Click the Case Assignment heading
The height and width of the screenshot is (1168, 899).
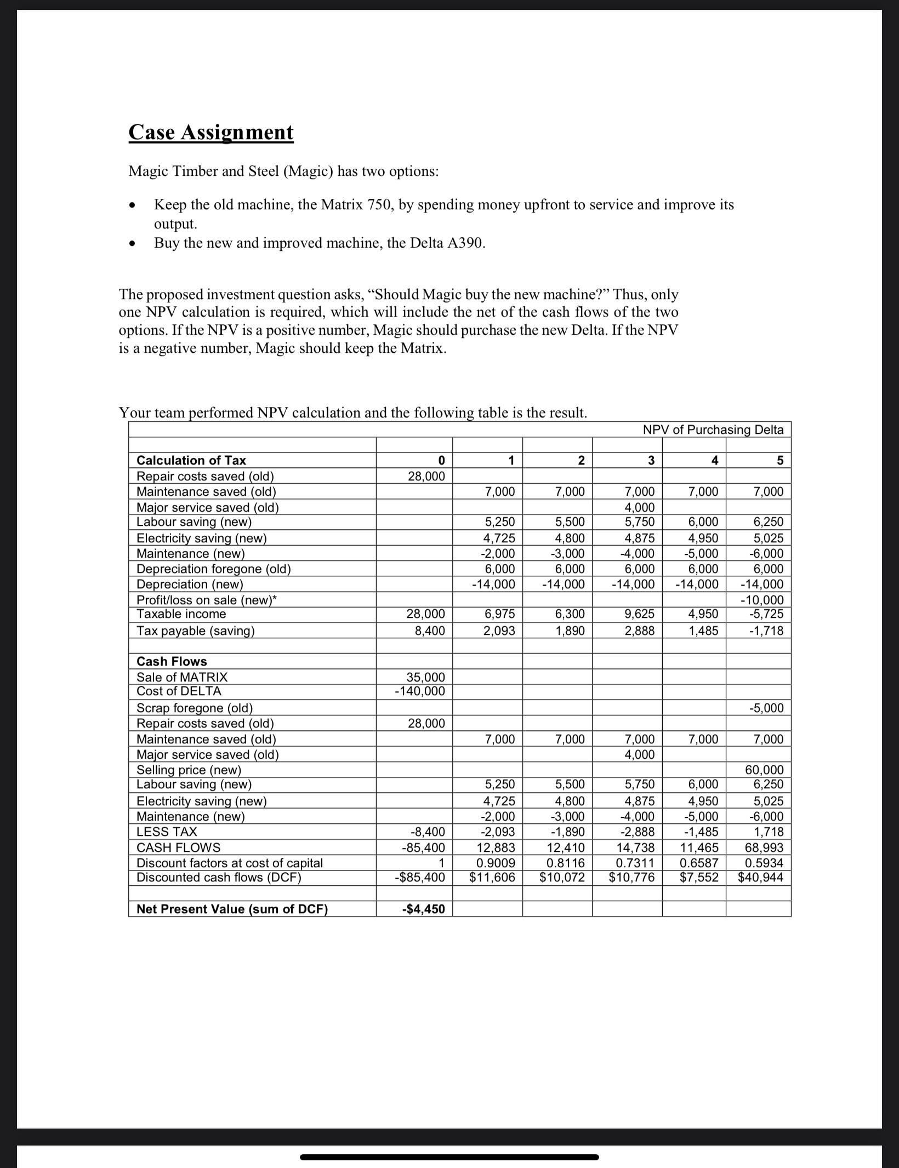click(x=211, y=132)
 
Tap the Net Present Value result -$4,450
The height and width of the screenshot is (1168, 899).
click(x=423, y=909)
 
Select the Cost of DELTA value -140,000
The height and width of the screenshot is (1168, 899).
click(x=420, y=691)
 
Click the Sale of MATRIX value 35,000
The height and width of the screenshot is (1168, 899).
click(x=425, y=677)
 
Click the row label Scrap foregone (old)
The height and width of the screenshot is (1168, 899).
click(x=195, y=708)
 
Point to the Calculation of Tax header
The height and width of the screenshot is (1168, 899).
click(x=191, y=460)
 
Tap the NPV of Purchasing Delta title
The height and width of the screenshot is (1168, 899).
click(x=713, y=430)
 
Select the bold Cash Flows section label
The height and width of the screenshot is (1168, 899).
click(x=172, y=661)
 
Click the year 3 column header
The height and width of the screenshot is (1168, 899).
click(x=651, y=460)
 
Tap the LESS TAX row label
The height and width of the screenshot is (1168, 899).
click(x=167, y=832)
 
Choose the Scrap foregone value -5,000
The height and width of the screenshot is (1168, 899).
click(x=766, y=708)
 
